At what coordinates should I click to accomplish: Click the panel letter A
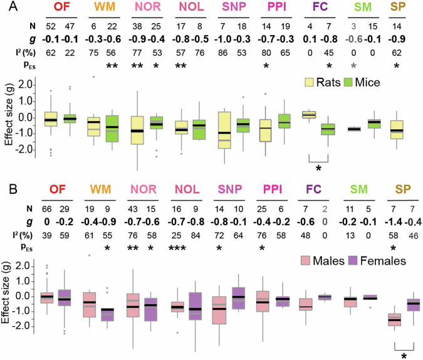tap(7, 8)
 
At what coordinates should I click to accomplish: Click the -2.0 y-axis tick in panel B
tap(24, 327)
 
